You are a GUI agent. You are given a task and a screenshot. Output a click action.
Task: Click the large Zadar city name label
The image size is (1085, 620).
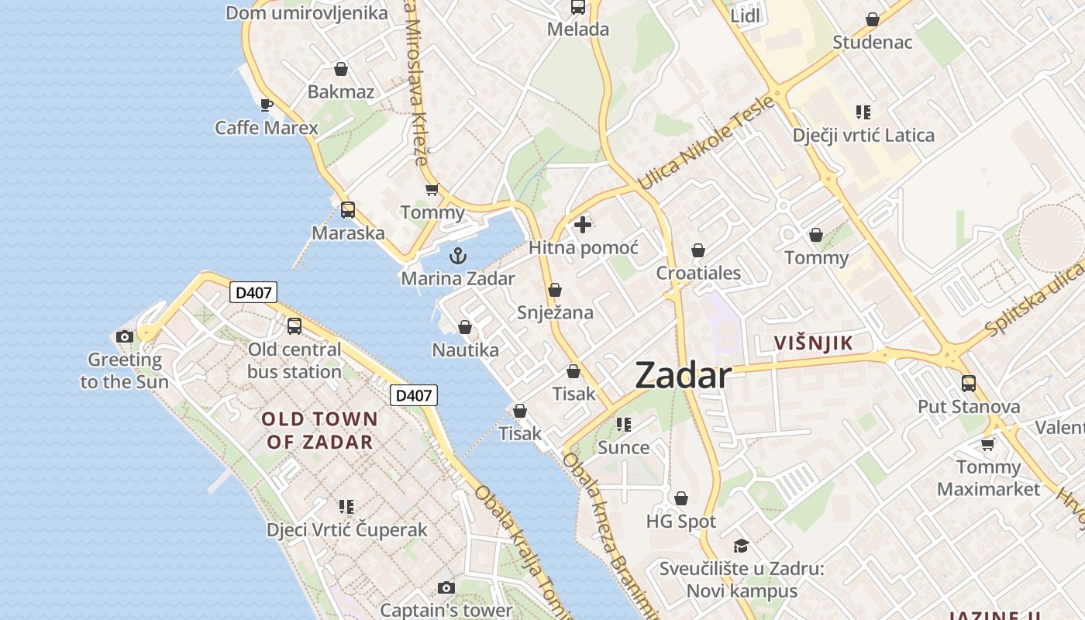tap(683, 376)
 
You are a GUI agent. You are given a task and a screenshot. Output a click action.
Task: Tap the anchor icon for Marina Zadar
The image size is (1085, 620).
tap(458, 255)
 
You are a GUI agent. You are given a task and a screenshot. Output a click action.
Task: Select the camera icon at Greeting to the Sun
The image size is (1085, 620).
tap(124, 336)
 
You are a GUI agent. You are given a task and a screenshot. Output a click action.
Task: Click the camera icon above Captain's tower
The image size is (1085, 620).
tap(446, 587)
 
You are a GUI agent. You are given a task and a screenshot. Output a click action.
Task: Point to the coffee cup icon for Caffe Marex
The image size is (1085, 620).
tap(267, 105)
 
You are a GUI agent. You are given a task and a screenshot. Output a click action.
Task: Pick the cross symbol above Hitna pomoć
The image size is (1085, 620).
tap(583, 225)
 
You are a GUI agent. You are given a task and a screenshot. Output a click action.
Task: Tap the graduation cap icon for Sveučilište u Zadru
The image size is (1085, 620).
tap(741, 546)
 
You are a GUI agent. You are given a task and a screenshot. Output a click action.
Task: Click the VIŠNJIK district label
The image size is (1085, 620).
tap(814, 343)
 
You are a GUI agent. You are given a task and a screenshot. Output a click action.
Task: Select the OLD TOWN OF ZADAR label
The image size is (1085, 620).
tap(319, 431)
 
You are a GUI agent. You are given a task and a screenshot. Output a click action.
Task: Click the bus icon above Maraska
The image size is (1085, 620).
tap(348, 209)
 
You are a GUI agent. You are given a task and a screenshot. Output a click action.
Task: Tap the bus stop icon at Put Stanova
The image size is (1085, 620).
tap(969, 383)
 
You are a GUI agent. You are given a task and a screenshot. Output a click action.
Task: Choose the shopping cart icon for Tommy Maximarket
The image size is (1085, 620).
tap(988, 444)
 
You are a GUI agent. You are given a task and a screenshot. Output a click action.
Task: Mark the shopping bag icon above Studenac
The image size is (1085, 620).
tap(873, 19)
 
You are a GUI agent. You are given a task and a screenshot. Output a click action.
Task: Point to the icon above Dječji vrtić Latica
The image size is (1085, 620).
tap(863, 112)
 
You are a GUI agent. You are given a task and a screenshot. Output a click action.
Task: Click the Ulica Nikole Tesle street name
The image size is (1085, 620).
tap(705, 143)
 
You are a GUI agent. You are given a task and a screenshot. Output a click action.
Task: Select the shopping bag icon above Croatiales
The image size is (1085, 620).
tap(698, 250)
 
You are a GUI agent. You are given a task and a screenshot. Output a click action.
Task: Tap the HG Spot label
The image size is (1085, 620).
tap(681, 522)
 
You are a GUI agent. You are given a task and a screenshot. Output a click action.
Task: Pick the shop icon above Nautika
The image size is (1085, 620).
tap(465, 327)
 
